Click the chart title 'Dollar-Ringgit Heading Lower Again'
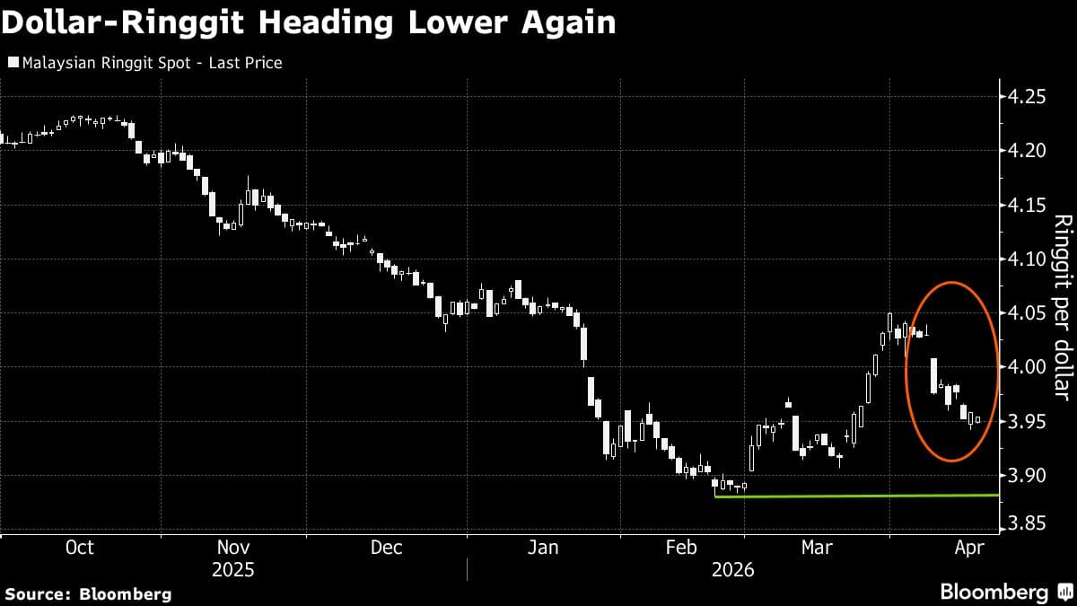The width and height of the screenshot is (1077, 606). pos(309,22)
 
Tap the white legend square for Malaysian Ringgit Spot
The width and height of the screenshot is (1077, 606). pos(12,63)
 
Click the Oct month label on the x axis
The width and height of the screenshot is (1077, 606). pos(80,548)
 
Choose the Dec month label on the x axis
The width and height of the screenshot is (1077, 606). pos(386,548)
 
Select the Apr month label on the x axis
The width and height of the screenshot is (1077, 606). pos(970,548)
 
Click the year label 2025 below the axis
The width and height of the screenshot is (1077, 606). pos(233,570)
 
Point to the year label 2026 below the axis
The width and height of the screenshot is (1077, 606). pos(732,570)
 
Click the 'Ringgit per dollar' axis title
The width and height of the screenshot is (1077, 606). pos(1063,306)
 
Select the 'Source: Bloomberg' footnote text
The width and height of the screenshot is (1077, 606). pos(87,593)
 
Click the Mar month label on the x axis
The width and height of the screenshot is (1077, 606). pos(816,548)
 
